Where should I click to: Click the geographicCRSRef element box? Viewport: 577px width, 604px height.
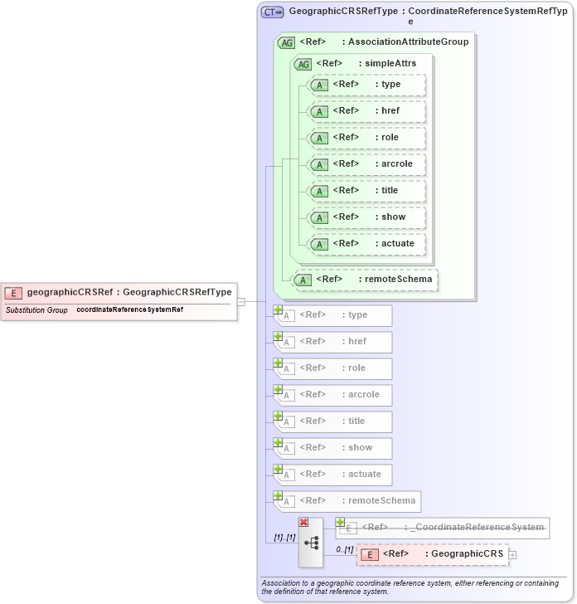120,292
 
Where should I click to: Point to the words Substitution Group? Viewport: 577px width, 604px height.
36,310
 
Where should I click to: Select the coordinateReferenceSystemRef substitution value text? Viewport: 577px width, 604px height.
130,310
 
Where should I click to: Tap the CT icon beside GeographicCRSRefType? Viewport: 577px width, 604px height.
273,12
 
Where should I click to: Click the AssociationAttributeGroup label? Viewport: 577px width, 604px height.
408,41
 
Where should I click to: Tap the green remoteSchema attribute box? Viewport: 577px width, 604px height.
366,280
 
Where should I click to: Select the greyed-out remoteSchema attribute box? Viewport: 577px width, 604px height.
347,501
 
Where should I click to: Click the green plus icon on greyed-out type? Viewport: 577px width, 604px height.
279,310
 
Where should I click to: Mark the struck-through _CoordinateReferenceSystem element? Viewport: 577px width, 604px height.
443,527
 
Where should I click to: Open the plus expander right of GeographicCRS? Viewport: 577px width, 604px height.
512,554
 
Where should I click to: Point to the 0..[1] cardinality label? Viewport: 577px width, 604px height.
344,549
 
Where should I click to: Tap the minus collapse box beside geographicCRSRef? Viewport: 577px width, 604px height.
241,302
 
